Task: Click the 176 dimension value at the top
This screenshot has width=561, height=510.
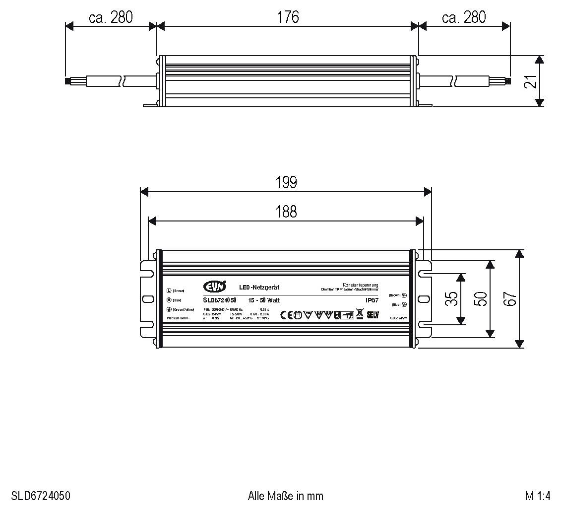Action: (x=288, y=17)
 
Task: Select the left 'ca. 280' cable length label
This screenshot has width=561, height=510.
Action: (x=111, y=17)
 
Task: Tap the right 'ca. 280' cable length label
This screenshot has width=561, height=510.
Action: (x=464, y=17)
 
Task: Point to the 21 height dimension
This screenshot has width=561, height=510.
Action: (x=531, y=81)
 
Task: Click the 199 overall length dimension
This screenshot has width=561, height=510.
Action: (x=286, y=182)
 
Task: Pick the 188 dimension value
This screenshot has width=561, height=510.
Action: (x=286, y=212)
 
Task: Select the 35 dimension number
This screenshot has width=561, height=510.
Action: (x=451, y=299)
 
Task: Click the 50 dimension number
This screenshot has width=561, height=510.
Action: (x=480, y=299)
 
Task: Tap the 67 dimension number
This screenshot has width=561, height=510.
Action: (x=510, y=299)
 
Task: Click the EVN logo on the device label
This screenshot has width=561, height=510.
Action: (x=215, y=286)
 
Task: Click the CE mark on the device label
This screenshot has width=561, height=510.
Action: (x=287, y=314)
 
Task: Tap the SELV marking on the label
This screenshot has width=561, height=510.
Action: (x=373, y=314)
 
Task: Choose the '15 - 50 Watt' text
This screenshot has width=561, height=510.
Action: (x=264, y=300)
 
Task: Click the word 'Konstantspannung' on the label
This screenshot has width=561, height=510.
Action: (x=361, y=284)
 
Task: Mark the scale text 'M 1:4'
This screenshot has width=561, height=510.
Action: (x=538, y=496)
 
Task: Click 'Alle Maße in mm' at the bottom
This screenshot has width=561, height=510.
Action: (x=285, y=496)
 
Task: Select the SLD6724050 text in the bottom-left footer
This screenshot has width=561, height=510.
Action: (x=41, y=496)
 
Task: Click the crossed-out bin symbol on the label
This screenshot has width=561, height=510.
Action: (x=360, y=314)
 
